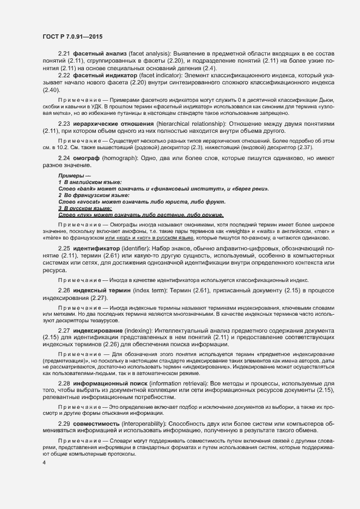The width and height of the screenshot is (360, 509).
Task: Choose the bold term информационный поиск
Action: [111, 384]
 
